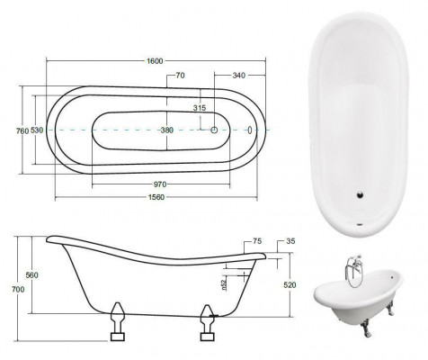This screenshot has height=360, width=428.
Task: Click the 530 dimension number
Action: [37, 130]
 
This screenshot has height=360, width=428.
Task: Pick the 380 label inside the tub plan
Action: [166, 130]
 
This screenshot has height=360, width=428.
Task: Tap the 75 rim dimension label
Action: [257, 242]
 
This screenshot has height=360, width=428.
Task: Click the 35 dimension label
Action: [290, 242]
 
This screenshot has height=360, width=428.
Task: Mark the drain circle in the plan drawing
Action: [214, 130]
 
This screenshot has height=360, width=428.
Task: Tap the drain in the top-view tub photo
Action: [360, 191]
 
